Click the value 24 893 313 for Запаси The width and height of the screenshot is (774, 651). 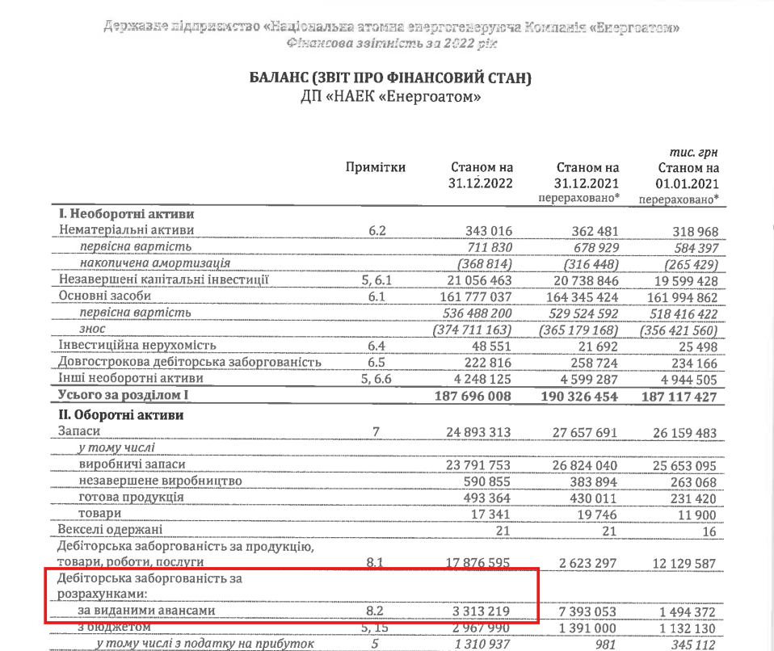point(479,433)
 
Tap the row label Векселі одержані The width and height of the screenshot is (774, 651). point(110,529)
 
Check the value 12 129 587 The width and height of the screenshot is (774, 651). point(684,561)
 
